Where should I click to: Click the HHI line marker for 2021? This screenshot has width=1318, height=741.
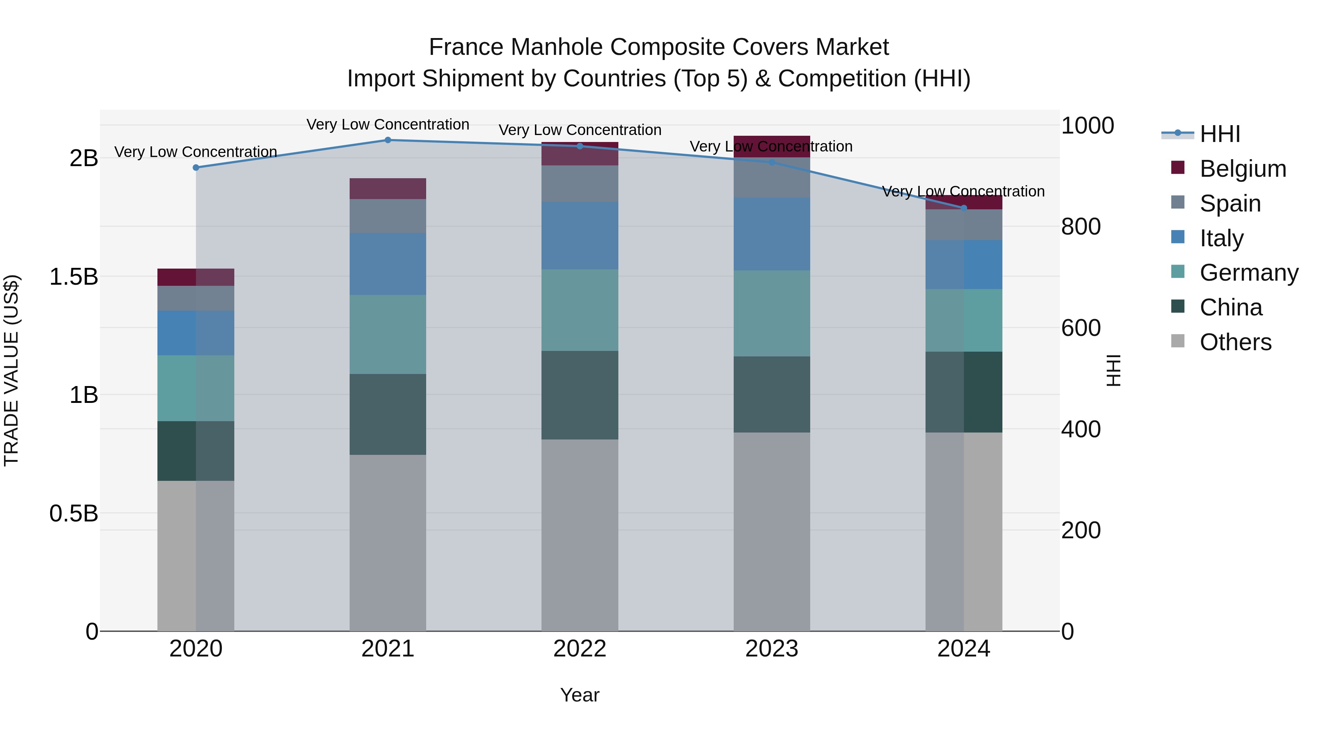click(x=388, y=140)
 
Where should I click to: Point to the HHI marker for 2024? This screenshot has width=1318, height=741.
click(x=964, y=208)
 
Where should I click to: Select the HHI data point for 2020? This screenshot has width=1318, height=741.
click(x=196, y=168)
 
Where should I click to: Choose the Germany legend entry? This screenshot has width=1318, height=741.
click(x=1248, y=273)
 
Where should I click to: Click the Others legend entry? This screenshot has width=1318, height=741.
click(x=1235, y=342)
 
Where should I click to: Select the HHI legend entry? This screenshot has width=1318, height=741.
click(x=1220, y=134)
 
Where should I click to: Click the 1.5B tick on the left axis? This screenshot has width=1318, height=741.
click(x=74, y=277)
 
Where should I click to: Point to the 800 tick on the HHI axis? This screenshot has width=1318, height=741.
click(x=1081, y=227)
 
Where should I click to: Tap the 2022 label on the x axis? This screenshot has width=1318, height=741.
click(x=580, y=649)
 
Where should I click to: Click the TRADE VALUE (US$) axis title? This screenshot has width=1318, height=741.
click(x=11, y=370)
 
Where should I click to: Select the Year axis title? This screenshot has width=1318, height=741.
click(x=580, y=695)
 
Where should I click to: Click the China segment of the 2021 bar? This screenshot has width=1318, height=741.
click(x=388, y=414)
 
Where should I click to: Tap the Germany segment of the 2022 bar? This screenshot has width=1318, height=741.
click(x=580, y=310)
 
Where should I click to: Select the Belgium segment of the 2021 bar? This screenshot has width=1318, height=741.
click(x=388, y=189)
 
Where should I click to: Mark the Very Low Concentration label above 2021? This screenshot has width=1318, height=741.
click(x=388, y=125)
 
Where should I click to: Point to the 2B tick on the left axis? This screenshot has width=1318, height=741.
click(x=83, y=158)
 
